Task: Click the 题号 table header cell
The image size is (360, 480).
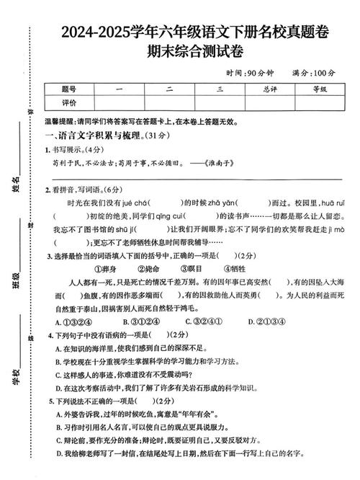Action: (x=69, y=89)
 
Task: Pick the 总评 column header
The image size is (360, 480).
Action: (x=270, y=89)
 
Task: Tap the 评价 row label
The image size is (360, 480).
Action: (x=69, y=103)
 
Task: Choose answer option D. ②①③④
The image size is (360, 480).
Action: (x=266, y=321)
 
